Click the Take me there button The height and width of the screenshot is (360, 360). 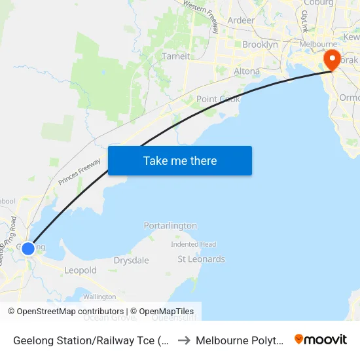click(x=180, y=160)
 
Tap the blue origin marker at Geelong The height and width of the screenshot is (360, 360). click(x=27, y=249)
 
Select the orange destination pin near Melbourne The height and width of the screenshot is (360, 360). click(x=332, y=60)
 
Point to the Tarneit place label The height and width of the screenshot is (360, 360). click(x=175, y=56)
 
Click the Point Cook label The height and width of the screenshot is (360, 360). click(x=218, y=99)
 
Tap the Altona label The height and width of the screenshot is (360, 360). click(x=246, y=71)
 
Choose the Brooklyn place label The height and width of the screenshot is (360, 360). click(x=260, y=45)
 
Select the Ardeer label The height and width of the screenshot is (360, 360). click(x=241, y=20)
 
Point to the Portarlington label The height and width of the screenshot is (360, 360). click(x=170, y=226)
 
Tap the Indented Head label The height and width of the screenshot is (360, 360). click(x=193, y=244)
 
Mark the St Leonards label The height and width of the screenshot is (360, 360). click(x=201, y=259)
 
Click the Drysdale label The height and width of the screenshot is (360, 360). click(x=131, y=261)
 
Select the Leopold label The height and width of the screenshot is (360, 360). click(x=81, y=270)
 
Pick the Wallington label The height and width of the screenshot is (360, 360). click(x=99, y=297)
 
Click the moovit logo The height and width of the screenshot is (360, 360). click(x=321, y=340)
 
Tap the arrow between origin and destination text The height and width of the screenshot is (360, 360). click(x=184, y=340)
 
